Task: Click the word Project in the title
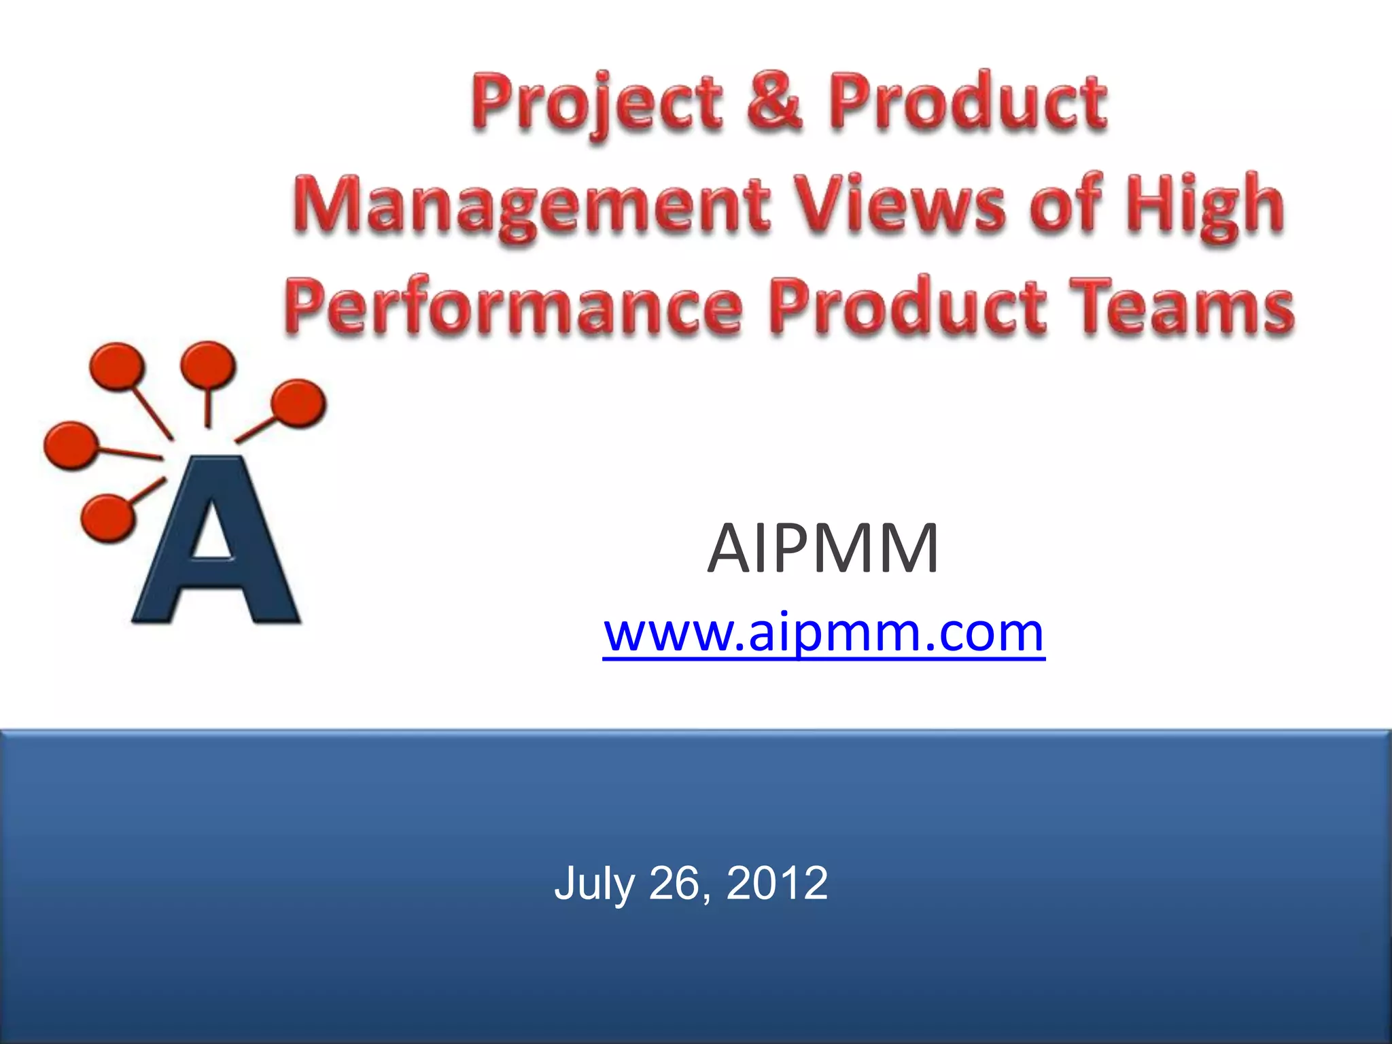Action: point(597,103)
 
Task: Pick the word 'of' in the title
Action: point(1066,202)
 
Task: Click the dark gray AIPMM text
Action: point(823,549)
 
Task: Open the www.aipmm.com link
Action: point(823,632)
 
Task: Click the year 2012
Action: point(777,883)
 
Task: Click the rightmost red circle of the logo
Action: point(298,402)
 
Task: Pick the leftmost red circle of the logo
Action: point(70,445)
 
